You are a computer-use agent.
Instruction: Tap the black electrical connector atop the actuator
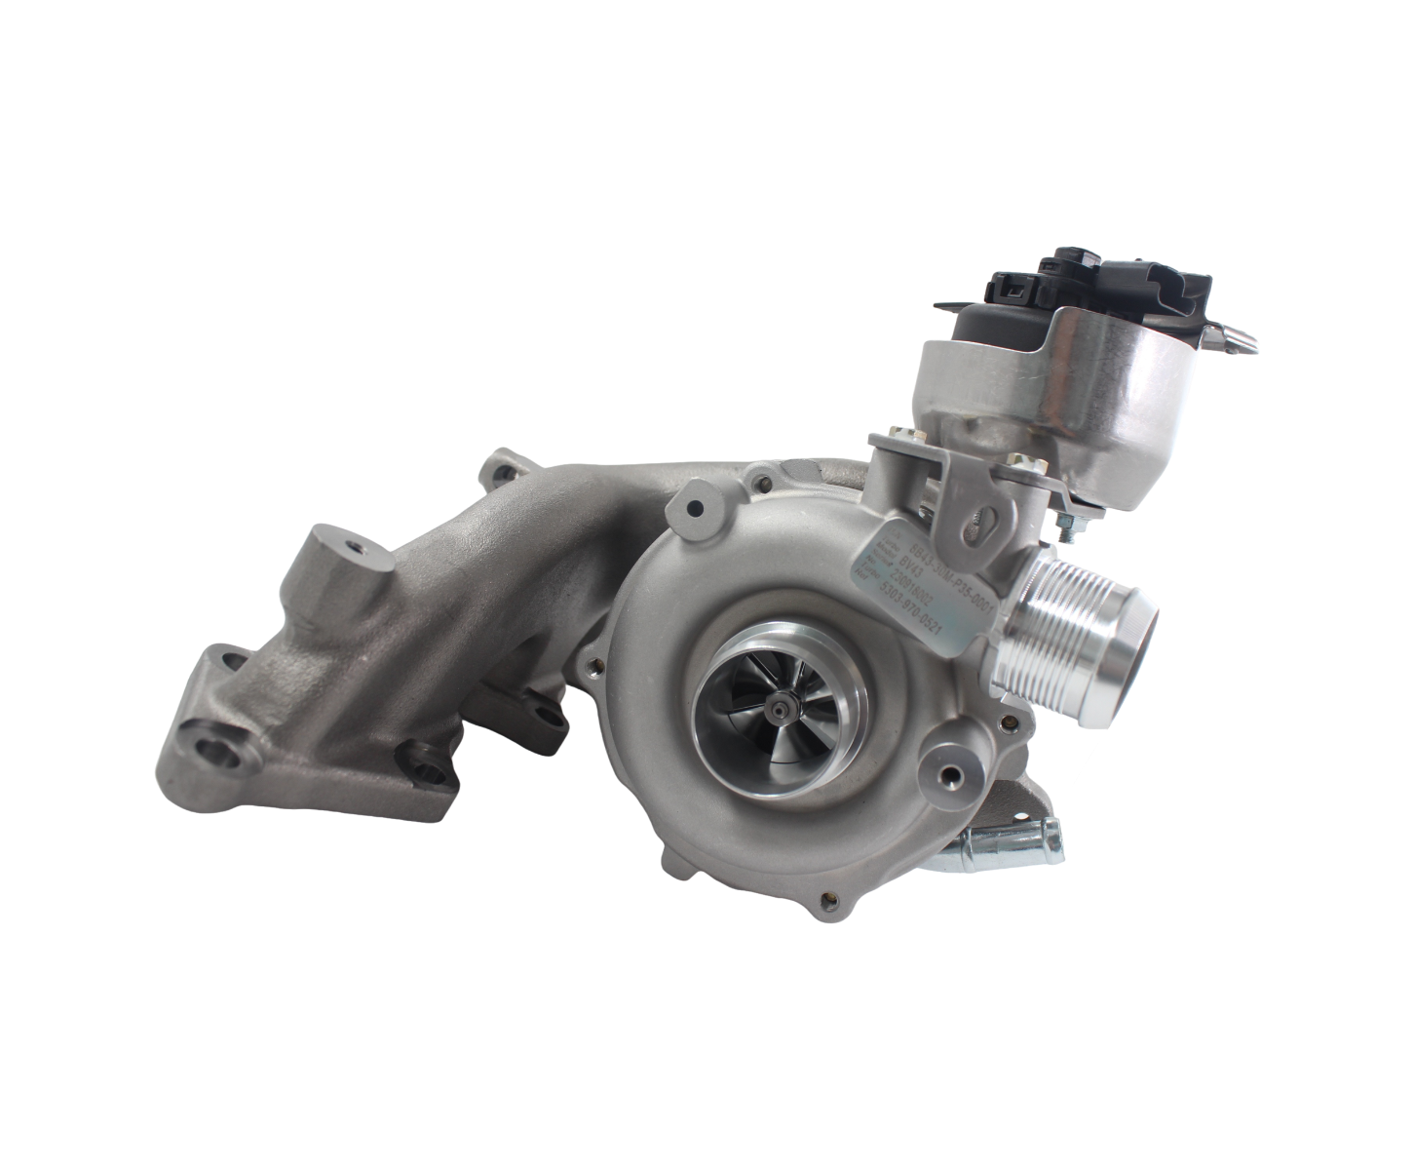click(x=1013, y=285)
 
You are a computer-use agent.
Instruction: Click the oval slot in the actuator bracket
click(x=975, y=522)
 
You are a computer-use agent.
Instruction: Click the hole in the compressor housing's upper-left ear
click(x=693, y=508)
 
